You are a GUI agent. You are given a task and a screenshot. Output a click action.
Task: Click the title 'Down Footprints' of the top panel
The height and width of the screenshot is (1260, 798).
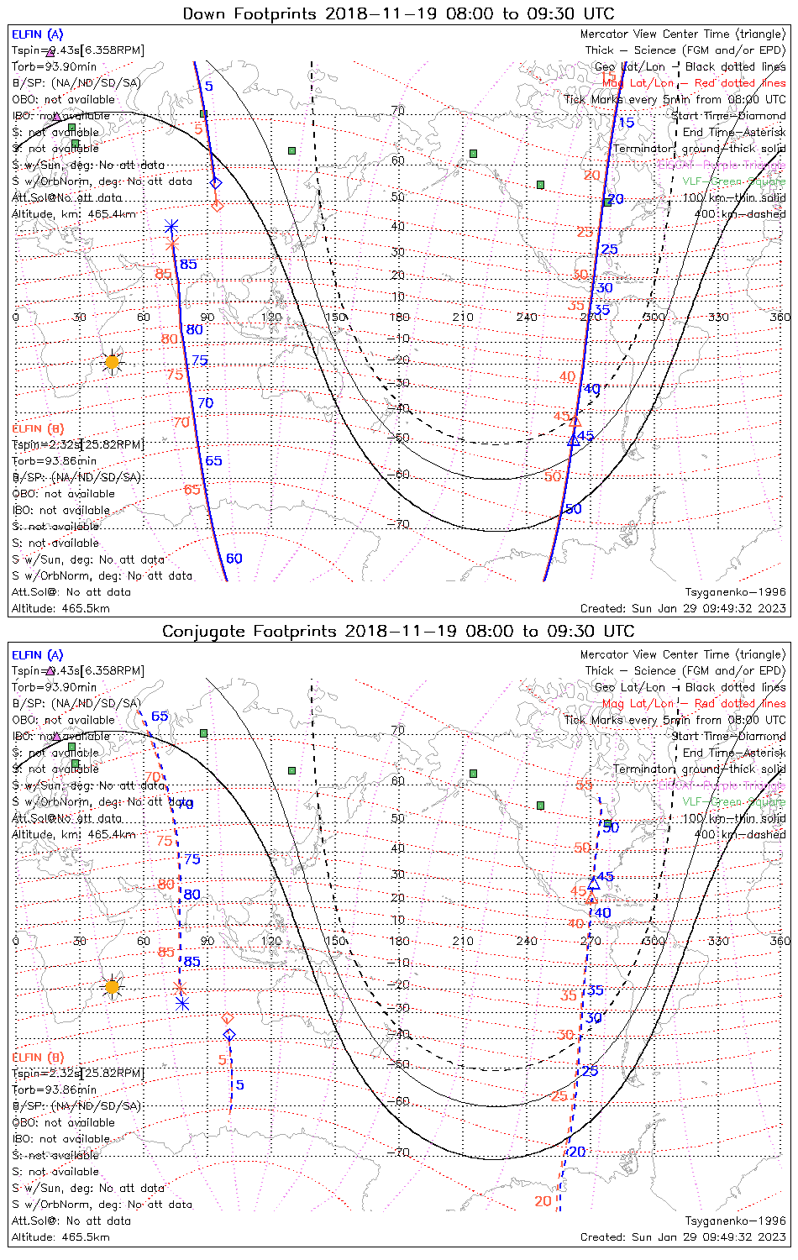coord(250,14)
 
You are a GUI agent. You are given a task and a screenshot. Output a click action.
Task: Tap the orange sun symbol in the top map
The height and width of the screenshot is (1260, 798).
coord(112,362)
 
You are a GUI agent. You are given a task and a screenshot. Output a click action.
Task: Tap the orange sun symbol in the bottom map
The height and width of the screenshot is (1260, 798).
coord(112,986)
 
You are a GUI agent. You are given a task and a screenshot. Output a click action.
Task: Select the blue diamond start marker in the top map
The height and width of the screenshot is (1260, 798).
coord(216,183)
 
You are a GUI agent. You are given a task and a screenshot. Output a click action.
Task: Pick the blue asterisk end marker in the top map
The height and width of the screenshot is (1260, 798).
coord(171,227)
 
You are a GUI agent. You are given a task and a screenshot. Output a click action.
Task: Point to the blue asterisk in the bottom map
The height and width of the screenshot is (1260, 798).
coord(182,1003)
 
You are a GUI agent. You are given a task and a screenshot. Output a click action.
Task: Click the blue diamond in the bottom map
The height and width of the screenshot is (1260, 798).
coord(229,1035)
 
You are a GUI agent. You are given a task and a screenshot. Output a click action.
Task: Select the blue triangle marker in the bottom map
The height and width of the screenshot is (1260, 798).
coord(594,882)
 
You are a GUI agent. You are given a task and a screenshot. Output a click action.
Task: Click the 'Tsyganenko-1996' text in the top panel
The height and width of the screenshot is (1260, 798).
coord(735,592)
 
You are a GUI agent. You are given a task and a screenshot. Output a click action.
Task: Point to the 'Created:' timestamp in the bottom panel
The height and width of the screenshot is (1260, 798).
coord(683,1237)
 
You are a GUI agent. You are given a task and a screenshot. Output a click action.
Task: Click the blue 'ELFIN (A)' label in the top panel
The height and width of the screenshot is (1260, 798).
coord(37,34)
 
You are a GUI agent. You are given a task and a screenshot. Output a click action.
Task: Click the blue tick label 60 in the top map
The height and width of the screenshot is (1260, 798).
coord(234,559)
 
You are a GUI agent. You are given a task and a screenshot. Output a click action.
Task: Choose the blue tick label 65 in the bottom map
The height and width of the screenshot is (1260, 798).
coord(160,717)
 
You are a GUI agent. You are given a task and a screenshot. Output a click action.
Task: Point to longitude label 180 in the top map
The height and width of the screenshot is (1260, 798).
coord(399,317)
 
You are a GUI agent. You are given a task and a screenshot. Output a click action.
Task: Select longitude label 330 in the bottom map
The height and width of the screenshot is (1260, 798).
coord(718,941)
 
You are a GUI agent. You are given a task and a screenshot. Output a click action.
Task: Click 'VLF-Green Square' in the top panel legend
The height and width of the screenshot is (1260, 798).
coord(733,181)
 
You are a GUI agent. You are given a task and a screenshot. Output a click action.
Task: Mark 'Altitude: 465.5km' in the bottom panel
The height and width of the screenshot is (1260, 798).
coord(60,1237)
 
